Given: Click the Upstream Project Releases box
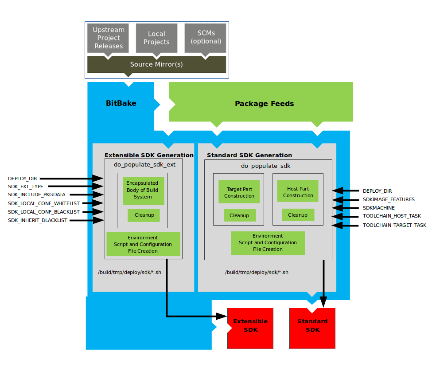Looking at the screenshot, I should [109, 38].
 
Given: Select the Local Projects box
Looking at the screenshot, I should [156, 38].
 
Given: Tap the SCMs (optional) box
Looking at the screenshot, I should [206, 37].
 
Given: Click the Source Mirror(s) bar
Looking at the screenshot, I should [156, 64].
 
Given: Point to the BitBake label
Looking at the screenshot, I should [121, 103].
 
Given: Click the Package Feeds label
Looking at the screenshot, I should [264, 103].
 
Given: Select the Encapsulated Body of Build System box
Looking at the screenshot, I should [143, 190].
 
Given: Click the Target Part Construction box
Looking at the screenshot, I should [239, 192].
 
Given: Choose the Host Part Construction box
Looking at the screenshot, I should [298, 192].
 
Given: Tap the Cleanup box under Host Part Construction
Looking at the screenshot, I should [298, 215].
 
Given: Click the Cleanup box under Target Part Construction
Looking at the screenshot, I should [239, 215].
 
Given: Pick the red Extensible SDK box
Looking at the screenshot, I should [251, 328].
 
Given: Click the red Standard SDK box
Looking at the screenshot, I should [312, 328].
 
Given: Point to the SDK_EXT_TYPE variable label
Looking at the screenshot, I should [26, 187].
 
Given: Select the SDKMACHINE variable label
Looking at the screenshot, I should [378, 208].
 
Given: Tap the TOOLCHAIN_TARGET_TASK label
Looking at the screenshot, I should [394, 225].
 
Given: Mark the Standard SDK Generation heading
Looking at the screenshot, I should [249, 155].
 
